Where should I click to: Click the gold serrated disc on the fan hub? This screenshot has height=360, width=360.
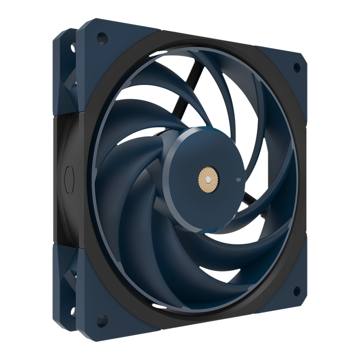(207, 180)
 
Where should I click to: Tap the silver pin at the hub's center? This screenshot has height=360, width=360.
(207, 180)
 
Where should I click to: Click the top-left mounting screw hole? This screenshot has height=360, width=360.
(102, 39)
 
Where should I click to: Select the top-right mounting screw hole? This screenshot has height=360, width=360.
(296, 65)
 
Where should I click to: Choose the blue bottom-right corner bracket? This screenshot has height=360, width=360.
(287, 287)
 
